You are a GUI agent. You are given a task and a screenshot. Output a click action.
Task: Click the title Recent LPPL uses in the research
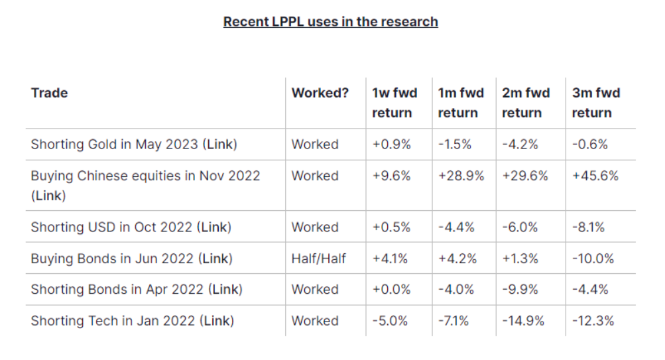[330, 21]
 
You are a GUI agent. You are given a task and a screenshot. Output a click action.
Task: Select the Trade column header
[49, 93]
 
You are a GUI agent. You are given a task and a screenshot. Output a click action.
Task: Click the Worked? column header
[320, 93]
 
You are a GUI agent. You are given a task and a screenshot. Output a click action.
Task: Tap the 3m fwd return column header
[595, 103]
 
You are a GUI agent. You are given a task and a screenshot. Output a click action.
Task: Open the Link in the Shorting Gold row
[219, 144]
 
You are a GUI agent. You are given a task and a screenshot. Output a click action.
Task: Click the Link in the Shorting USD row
[214, 227]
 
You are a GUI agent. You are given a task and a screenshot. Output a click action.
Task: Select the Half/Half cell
[318, 259]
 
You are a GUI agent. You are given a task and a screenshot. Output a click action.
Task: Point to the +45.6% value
[595, 176]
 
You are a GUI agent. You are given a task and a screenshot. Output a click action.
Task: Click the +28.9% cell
[461, 176]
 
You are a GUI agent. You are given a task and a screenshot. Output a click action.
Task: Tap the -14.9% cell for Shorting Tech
[523, 321]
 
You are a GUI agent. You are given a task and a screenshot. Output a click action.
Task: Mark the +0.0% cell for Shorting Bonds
[391, 290]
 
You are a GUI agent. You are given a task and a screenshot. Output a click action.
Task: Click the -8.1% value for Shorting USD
[588, 227]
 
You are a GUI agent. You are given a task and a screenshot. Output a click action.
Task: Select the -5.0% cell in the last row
[390, 321]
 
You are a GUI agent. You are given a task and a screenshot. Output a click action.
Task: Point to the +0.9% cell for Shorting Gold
[391, 144]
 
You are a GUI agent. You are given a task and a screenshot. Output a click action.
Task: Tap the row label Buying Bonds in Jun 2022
[113, 259]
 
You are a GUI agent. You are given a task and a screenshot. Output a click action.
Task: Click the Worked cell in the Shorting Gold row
[314, 144]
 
